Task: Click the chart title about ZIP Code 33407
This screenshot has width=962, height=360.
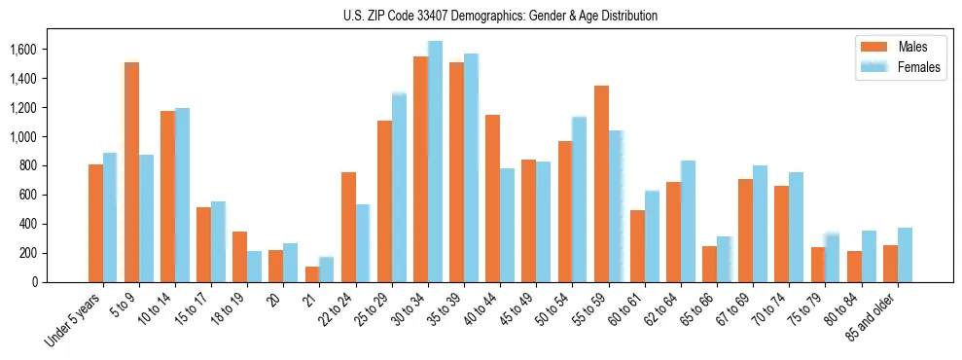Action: (500, 16)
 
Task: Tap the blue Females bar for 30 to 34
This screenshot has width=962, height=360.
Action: (435, 162)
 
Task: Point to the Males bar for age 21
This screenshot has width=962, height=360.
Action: (312, 274)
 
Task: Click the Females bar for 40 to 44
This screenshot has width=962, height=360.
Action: (507, 225)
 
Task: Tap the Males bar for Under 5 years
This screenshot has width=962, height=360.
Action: (95, 223)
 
